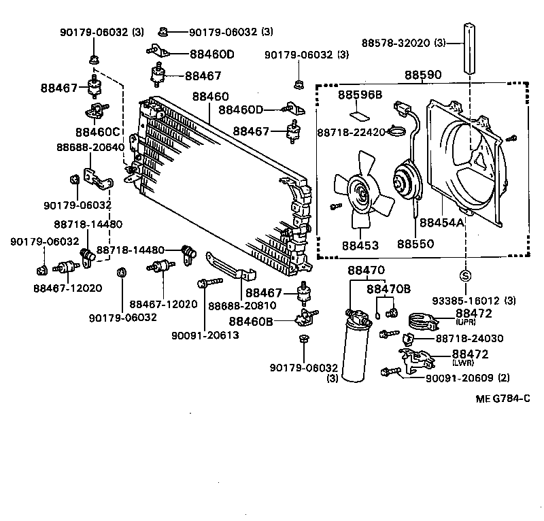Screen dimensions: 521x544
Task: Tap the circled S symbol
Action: [x=466, y=276]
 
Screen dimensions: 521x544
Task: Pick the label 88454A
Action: [x=441, y=223]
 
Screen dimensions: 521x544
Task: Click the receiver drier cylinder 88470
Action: [x=355, y=347]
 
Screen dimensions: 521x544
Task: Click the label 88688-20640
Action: [x=90, y=147]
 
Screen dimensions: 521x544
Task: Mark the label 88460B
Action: [x=251, y=321]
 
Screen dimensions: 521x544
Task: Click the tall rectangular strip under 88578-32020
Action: [x=469, y=49]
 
